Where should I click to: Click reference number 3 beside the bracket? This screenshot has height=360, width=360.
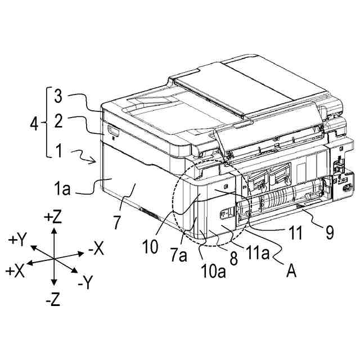pyautogui.click(x=58, y=96)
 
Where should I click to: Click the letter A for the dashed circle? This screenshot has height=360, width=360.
pyautogui.click(x=291, y=272)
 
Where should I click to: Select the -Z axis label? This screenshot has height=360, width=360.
pyautogui.click(x=52, y=300)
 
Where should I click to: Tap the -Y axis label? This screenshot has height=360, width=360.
pyautogui.click(x=86, y=283)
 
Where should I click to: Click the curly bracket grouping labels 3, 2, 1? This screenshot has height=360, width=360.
pyautogui.click(x=47, y=123)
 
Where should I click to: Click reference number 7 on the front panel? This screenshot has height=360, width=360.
pyautogui.click(x=116, y=221)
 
